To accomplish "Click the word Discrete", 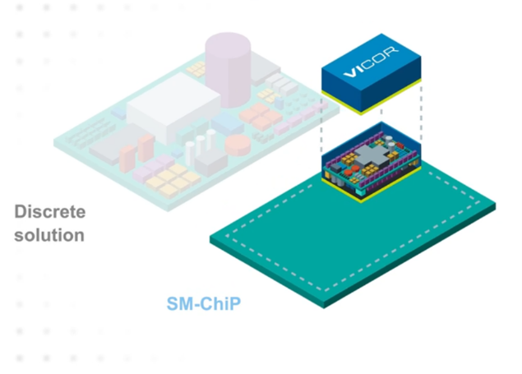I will pos(50,212).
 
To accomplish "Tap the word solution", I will pos(49,235).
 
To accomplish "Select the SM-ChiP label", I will pos(201,304).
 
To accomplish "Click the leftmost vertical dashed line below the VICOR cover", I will pos(321,132).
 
